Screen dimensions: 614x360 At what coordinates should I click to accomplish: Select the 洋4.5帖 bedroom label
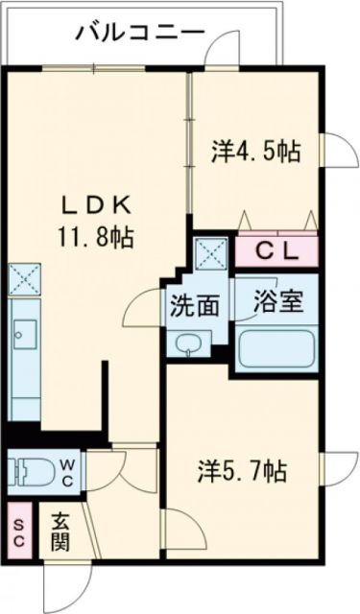point(254,151)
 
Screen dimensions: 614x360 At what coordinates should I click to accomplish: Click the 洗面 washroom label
point(195,306)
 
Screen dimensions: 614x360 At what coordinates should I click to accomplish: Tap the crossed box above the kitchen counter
point(22,279)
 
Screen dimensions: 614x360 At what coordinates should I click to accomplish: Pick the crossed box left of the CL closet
point(209,252)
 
